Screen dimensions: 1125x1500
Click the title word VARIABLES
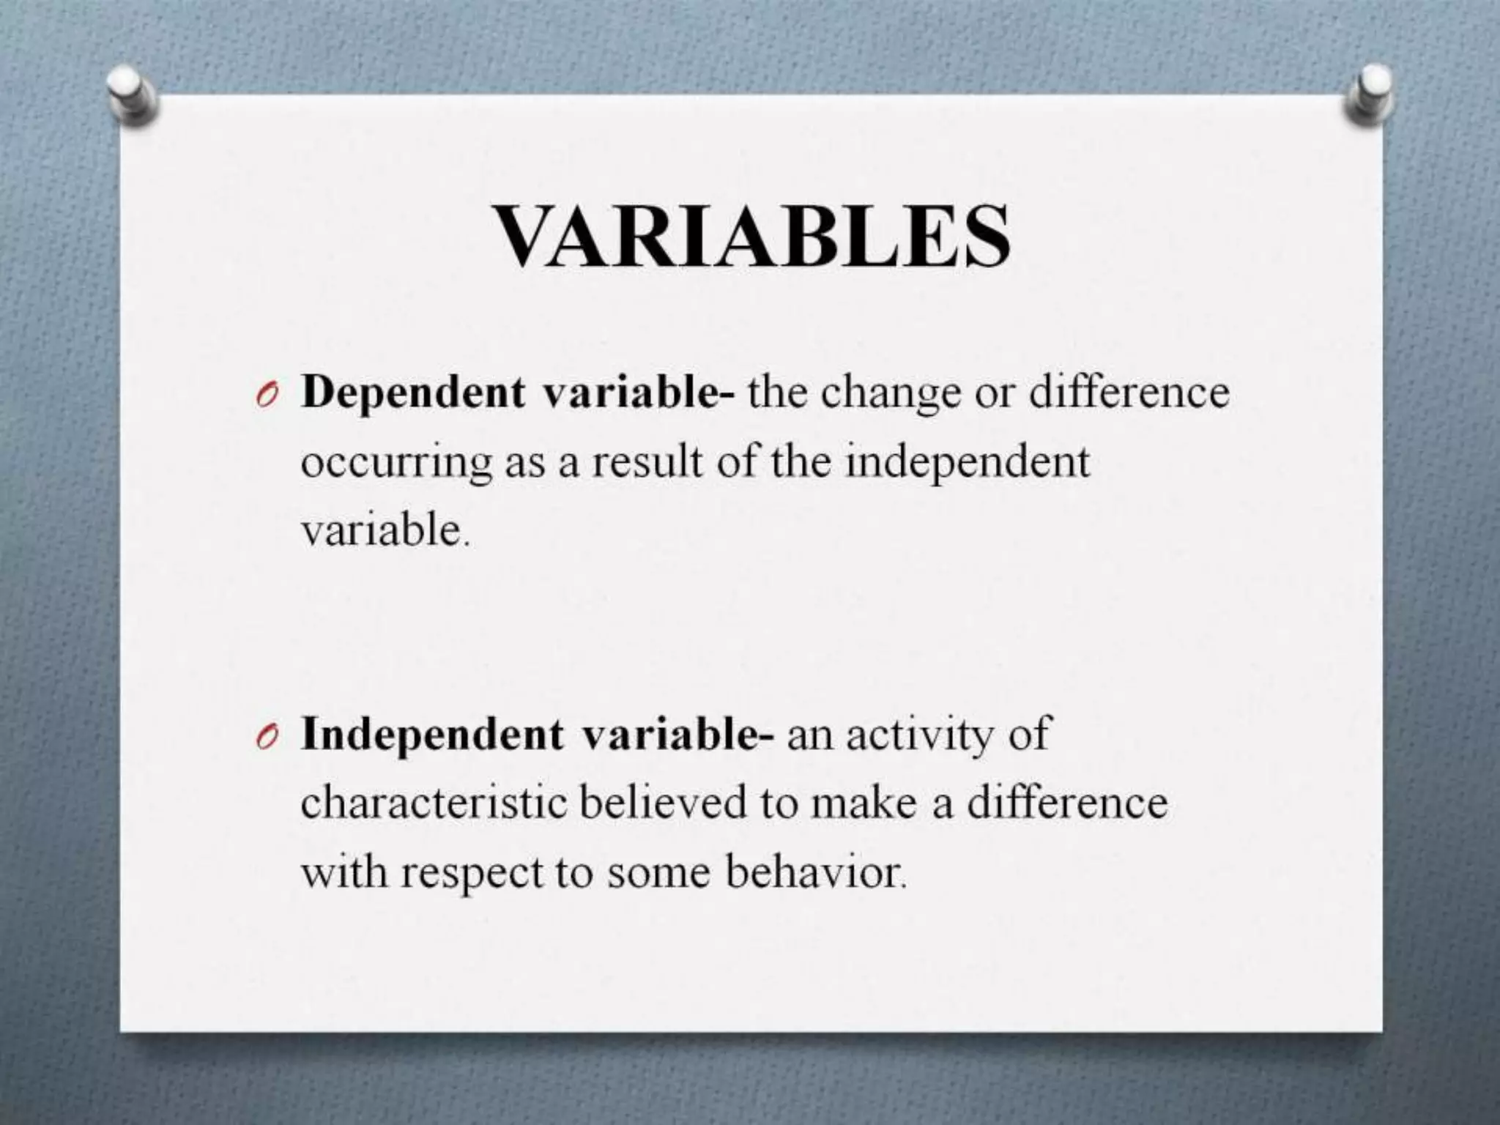click(x=752, y=237)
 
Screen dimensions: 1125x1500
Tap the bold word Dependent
click(x=413, y=393)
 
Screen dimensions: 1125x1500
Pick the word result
click(x=646, y=463)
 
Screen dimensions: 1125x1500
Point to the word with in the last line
click(x=344, y=872)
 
